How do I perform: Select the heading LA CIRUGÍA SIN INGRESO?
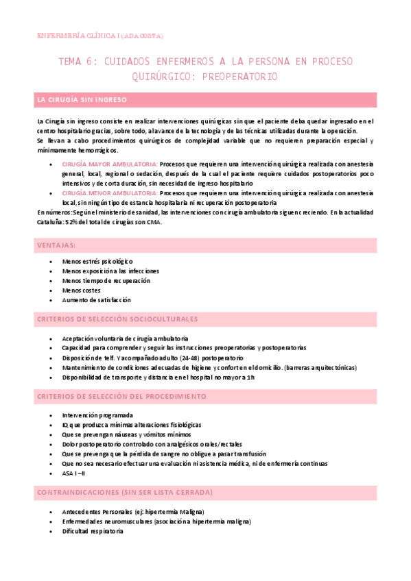(x=82, y=101)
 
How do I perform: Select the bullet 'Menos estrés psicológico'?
(x=97, y=262)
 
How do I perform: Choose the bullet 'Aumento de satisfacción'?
(x=96, y=300)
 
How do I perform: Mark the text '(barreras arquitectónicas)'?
(x=320, y=368)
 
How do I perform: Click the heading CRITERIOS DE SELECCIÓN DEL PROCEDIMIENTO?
(x=121, y=397)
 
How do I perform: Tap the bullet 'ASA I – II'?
(x=73, y=473)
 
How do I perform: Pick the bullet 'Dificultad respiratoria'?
(x=93, y=531)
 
